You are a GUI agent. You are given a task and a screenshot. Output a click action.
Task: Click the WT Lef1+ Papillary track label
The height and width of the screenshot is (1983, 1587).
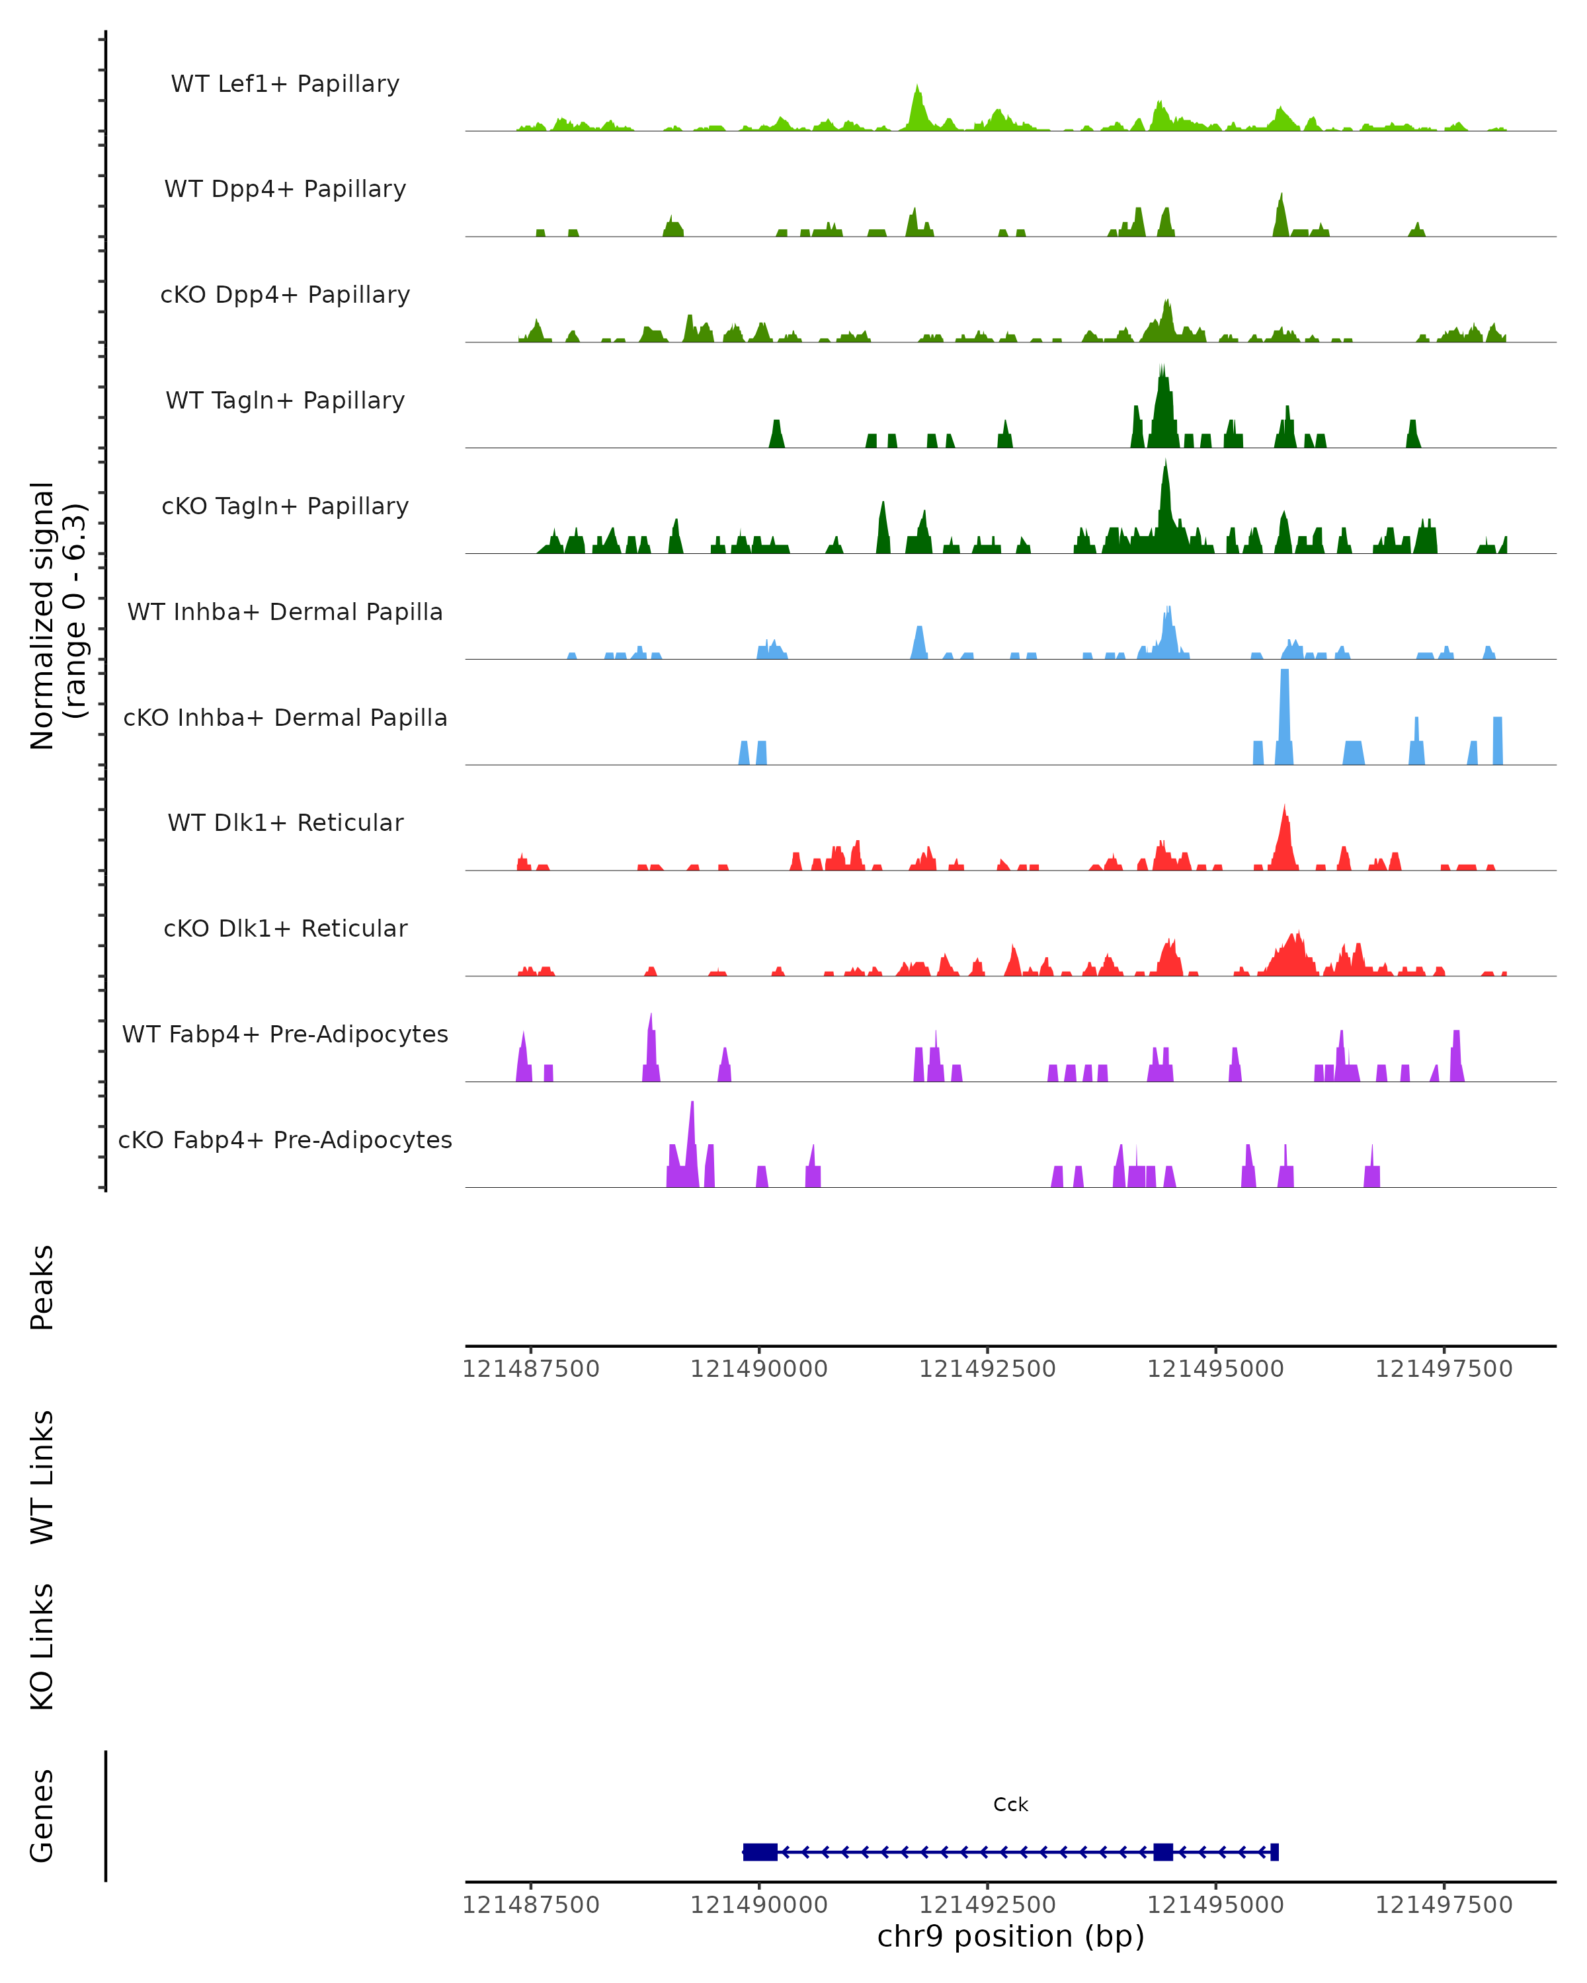tap(285, 84)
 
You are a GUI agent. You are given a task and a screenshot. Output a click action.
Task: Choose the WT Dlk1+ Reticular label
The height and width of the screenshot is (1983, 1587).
tap(285, 822)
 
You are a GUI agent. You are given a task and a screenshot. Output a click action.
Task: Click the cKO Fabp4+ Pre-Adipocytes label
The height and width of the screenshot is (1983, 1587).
tap(285, 1140)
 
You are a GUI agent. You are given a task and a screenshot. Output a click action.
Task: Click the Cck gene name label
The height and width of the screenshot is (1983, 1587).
tap(1010, 1805)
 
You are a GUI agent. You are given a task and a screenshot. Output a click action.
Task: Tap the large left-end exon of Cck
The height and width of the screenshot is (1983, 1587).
tap(760, 1852)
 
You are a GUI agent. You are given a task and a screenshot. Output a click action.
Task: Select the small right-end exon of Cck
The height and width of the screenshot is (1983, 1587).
tap(1274, 1852)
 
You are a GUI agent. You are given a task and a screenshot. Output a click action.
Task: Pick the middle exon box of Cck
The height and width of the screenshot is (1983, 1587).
tap(1163, 1852)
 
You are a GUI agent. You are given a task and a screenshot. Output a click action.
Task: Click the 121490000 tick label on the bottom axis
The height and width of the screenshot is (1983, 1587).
tap(759, 1904)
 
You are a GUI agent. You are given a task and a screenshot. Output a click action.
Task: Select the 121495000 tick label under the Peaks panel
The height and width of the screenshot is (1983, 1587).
tap(1215, 1369)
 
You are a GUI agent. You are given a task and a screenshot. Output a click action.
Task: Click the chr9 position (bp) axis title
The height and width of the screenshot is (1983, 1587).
tap(1010, 1937)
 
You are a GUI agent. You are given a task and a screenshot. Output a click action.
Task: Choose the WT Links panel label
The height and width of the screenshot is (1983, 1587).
tap(42, 1476)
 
